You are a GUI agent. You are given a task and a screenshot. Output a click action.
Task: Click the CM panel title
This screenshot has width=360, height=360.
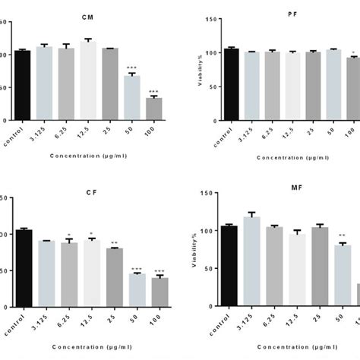93,15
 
